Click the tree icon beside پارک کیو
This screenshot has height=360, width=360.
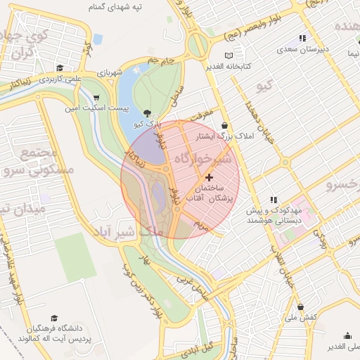pos(147,112)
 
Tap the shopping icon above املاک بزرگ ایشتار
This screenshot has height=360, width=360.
pos(224,125)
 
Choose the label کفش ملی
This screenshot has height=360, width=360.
pos(301,317)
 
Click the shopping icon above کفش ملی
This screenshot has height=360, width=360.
pos(301,307)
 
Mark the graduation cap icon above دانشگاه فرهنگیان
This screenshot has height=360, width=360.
pos(55,318)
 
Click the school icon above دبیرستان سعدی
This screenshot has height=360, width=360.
pos(302,39)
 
